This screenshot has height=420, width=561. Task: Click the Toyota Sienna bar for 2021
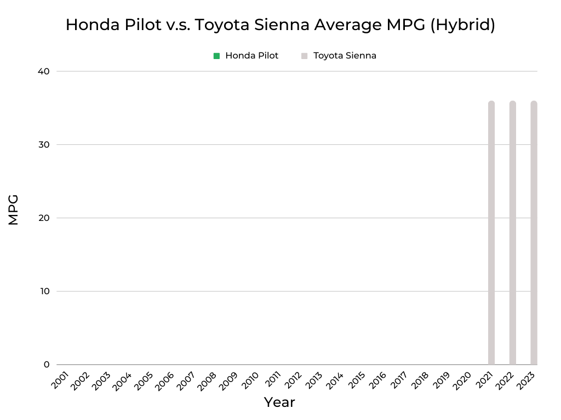(491, 232)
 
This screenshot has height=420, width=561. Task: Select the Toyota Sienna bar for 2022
(513, 232)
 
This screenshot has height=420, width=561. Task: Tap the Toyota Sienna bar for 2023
(534, 232)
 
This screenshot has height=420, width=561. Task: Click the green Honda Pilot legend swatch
(217, 56)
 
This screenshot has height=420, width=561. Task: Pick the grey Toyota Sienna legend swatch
(305, 56)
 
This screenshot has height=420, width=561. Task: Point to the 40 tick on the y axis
(44, 71)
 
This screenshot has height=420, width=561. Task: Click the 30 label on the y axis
(44, 144)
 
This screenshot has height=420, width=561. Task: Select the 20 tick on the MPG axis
(44, 218)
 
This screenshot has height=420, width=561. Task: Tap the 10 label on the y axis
(44, 291)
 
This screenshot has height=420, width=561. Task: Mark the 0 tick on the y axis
(46, 364)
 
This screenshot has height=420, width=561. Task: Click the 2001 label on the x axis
(60, 381)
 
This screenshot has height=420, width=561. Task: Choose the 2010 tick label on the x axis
(250, 381)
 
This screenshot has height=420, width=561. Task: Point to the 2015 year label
(356, 381)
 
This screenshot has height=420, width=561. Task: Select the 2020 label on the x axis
(462, 381)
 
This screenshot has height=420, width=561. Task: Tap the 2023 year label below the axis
(526, 381)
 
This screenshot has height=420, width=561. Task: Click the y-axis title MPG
(14, 209)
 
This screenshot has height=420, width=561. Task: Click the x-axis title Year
(279, 402)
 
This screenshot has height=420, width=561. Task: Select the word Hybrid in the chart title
(462, 25)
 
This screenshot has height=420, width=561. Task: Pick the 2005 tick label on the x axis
(144, 381)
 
